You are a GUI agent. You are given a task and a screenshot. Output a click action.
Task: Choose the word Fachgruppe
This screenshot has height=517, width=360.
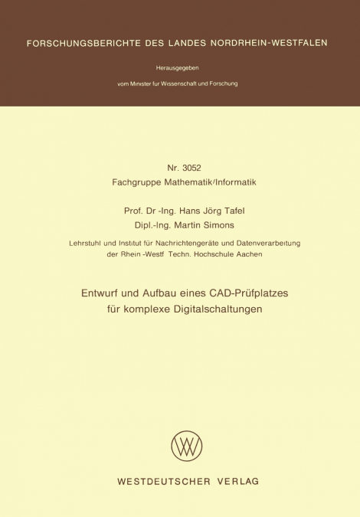point(135,183)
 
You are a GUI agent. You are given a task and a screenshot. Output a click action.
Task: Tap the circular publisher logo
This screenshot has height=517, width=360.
point(187,445)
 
